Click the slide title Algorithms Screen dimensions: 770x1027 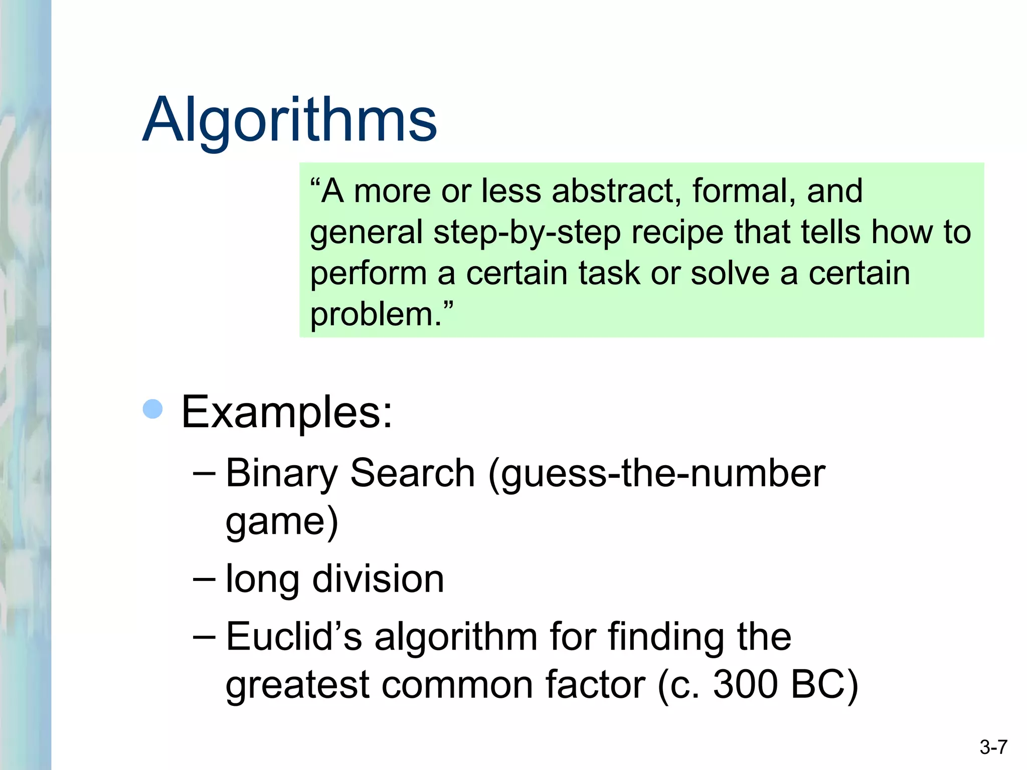[x=290, y=120]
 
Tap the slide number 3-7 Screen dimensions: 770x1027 [x=993, y=747]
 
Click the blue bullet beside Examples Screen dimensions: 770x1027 [x=153, y=409]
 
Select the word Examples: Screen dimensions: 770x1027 [x=286, y=412]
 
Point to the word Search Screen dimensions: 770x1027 [x=412, y=473]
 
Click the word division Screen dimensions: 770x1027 [x=378, y=579]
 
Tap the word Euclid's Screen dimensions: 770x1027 [x=294, y=636]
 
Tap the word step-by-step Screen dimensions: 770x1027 [x=527, y=233]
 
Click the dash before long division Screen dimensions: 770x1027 [x=204, y=579]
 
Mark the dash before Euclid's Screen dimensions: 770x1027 [x=204, y=637]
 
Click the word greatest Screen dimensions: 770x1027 [x=297, y=685]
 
